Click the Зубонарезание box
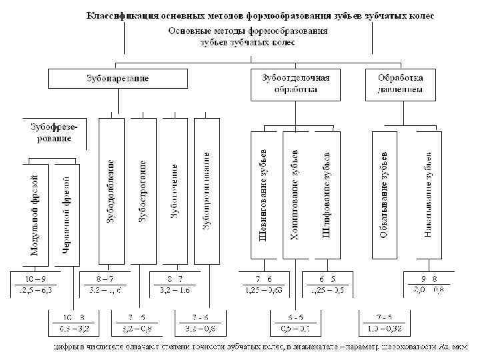[117, 79]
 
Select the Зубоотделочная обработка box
[296, 83]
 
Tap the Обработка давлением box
[399, 83]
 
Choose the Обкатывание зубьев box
[384, 194]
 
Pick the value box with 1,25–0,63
[263, 283]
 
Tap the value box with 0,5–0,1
[293, 322]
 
